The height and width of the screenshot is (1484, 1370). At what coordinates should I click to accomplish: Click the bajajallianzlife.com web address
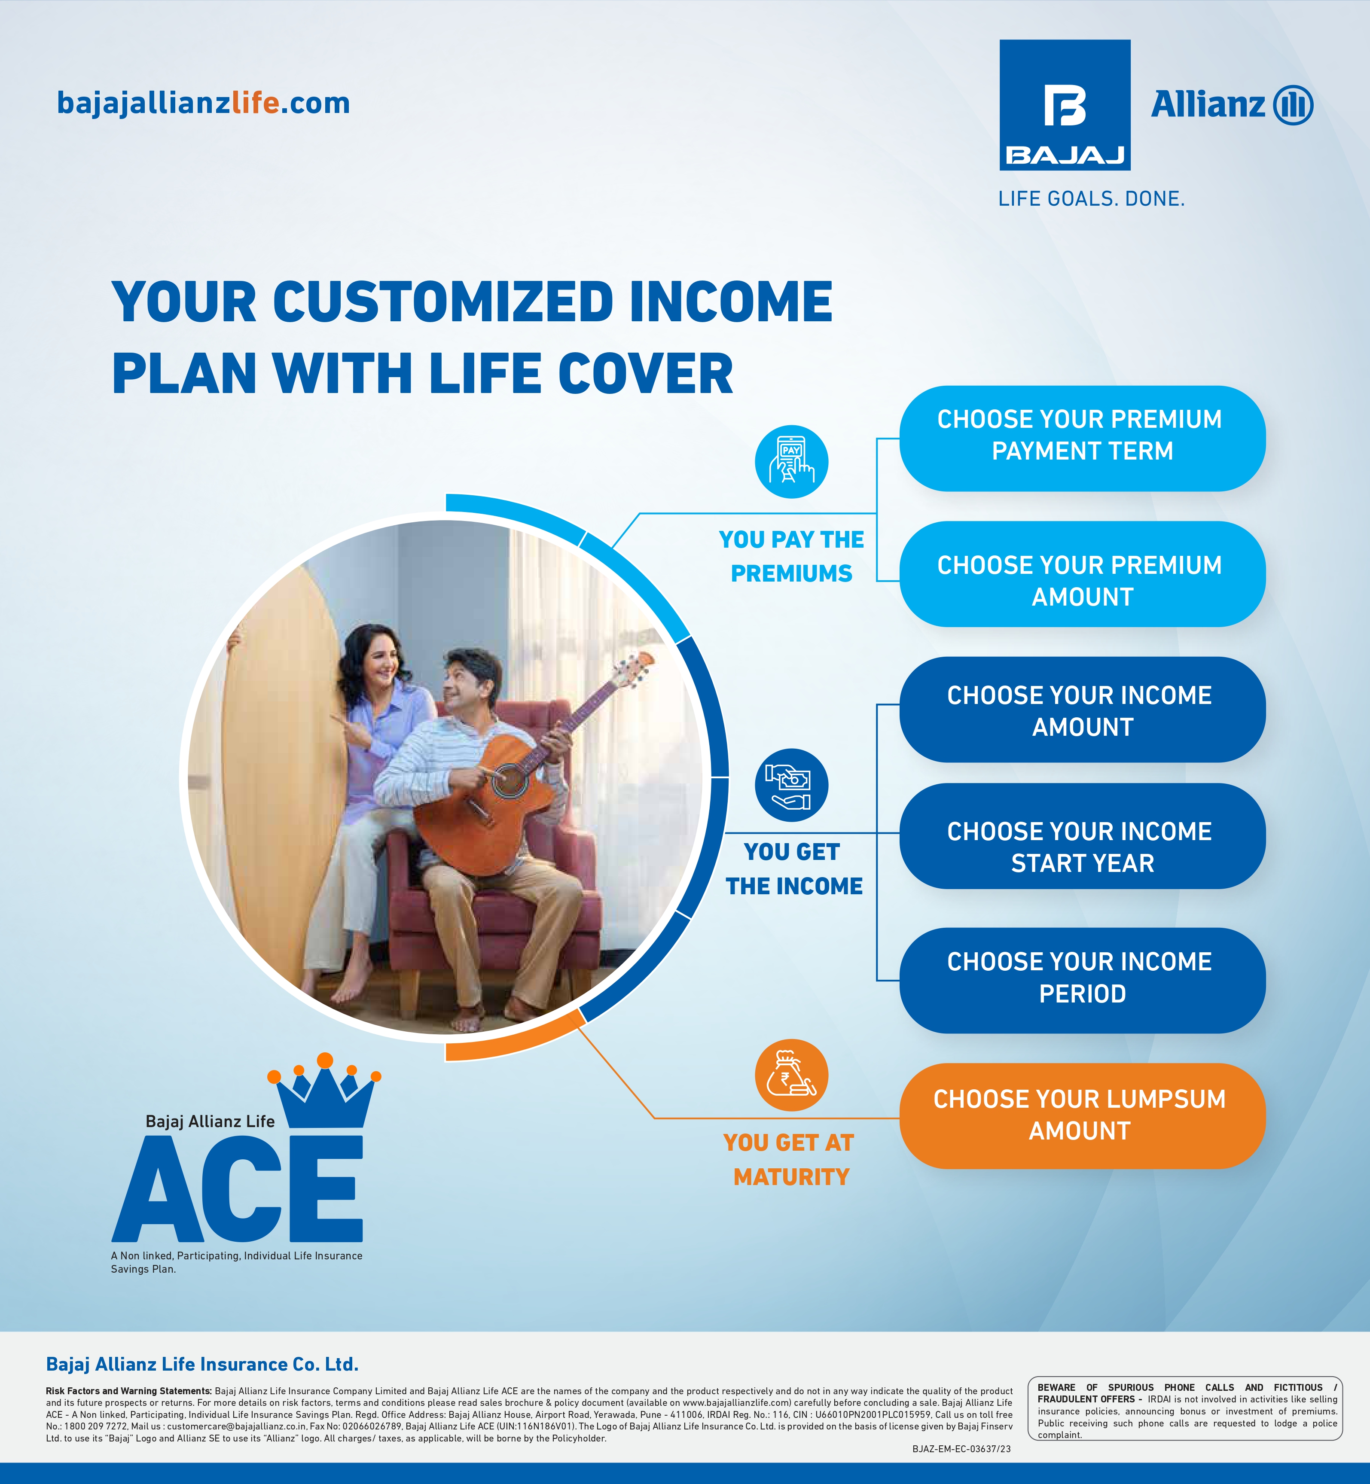[x=203, y=103]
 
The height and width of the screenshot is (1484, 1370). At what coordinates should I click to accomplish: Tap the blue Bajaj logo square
[x=1065, y=105]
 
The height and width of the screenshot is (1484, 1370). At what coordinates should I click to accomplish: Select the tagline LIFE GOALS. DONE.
[x=1091, y=199]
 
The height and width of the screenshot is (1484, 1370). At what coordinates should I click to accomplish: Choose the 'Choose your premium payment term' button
[x=1082, y=438]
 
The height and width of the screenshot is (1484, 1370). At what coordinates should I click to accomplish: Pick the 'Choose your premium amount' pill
[x=1082, y=574]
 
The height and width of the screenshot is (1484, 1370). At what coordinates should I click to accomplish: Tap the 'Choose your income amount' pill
[x=1082, y=710]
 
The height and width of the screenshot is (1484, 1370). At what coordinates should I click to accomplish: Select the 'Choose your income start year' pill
[x=1082, y=836]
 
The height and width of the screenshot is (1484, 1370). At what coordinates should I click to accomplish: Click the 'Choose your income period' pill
[x=1082, y=980]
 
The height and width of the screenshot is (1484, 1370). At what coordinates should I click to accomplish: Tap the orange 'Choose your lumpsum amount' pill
[x=1082, y=1115]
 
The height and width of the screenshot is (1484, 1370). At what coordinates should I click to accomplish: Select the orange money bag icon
[x=791, y=1075]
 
